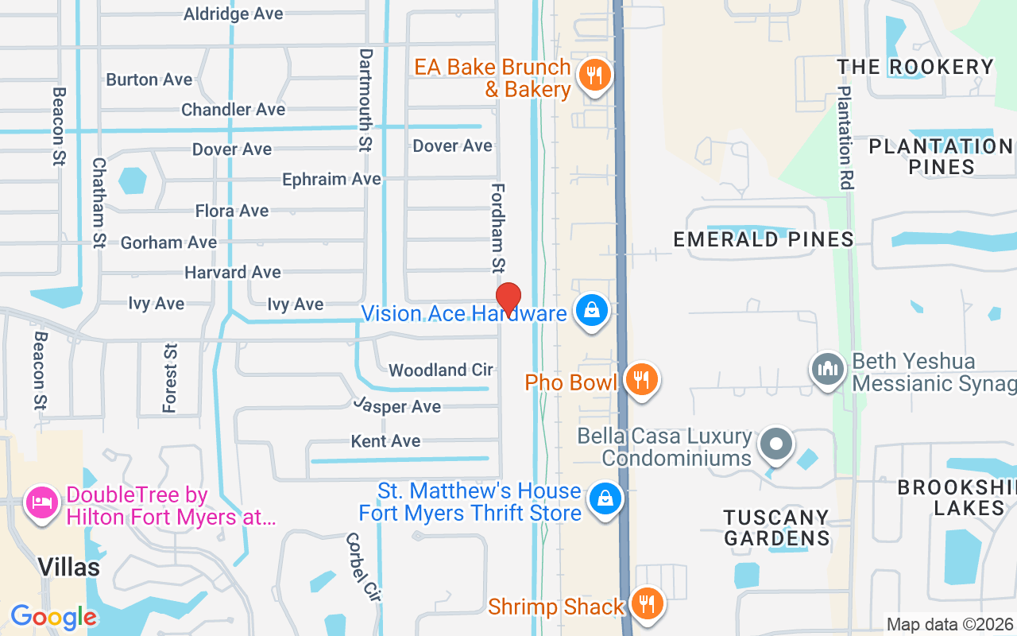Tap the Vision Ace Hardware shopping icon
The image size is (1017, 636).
pyautogui.click(x=592, y=311)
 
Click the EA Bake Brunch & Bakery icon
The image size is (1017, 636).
pyautogui.click(x=594, y=76)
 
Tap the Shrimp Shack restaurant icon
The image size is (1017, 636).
pyautogui.click(x=648, y=604)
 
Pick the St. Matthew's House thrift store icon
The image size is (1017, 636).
pyautogui.click(x=605, y=499)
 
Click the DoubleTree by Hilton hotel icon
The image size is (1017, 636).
pyautogui.click(x=42, y=502)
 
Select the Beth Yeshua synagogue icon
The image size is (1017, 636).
pyautogui.click(x=826, y=370)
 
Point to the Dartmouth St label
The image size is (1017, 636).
pyautogui.click(x=365, y=100)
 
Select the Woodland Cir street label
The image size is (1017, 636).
pyautogui.click(x=441, y=370)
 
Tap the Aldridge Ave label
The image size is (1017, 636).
pyautogui.click(x=234, y=14)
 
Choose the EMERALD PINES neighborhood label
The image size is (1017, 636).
pyautogui.click(x=764, y=239)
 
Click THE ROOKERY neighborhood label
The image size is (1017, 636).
pyautogui.click(x=915, y=67)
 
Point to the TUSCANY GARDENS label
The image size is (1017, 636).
pyautogui.click(x=776, y=528)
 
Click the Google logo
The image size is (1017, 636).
pyautogui.click(x=54, y=617)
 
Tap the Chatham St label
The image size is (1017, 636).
pyautogui.click(x=99, y=203)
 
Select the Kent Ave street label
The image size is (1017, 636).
pyautogui.click(x=386, y=440)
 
